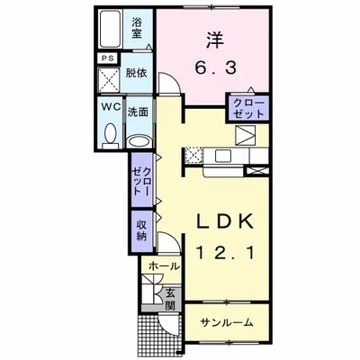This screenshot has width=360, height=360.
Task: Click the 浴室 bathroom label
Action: tap(137, 28)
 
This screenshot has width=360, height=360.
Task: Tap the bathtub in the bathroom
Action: tap(110, 29)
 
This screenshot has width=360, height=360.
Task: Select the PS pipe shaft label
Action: tap(107, 58)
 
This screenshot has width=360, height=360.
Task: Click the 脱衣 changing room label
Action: tap(136, 73)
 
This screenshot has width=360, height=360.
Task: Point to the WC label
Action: tap(111, 106)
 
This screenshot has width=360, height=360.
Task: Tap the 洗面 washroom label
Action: tap(138, 112)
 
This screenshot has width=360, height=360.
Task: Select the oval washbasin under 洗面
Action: tap(139, 141)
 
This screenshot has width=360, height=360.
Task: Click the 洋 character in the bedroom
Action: tap(215, 40)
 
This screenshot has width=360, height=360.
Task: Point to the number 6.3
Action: tap(216, 68)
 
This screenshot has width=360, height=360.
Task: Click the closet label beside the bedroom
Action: tap(248, 108)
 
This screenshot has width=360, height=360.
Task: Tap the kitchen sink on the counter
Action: tap(222, 156)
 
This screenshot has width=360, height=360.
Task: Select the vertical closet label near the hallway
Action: tap(141, 181)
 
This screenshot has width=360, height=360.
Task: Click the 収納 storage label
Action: tap(141, 230)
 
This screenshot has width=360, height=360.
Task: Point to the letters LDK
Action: tap(225, 221)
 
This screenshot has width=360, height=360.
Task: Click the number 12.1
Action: tap(225, 252)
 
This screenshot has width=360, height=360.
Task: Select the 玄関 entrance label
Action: tap(170, 299)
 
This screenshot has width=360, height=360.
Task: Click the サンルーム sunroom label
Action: tap(227, 323)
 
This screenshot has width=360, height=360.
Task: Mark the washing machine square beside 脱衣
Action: tap(109, 80)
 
